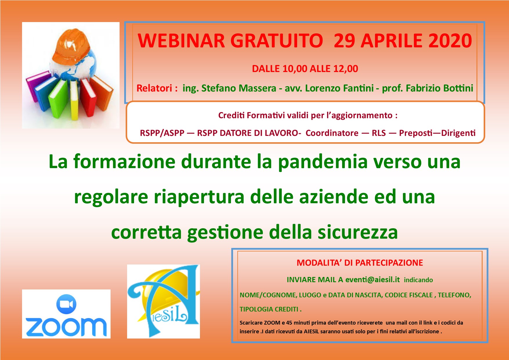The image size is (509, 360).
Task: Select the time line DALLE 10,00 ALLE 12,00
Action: click(x=305, y=69)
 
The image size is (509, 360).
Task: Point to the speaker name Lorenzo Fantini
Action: click(x=339, y=88)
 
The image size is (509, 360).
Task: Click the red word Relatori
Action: click(x=154, y=88)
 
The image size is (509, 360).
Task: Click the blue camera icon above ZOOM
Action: click(x=66, y=304)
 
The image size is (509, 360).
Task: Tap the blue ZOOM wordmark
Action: click(x=66, y=327)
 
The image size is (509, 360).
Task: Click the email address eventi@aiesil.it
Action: click(x=373, y=280)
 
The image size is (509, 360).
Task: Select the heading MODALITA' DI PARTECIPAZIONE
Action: click(x=360, y=263)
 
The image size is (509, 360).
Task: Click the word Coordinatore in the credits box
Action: click(x=332, y=133)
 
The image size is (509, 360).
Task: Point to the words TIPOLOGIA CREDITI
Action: click(x=269, y=309)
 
